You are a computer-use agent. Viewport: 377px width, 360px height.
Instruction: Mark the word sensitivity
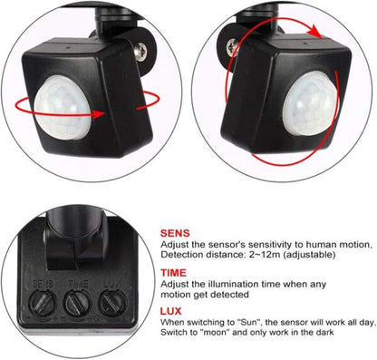(251, 245)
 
